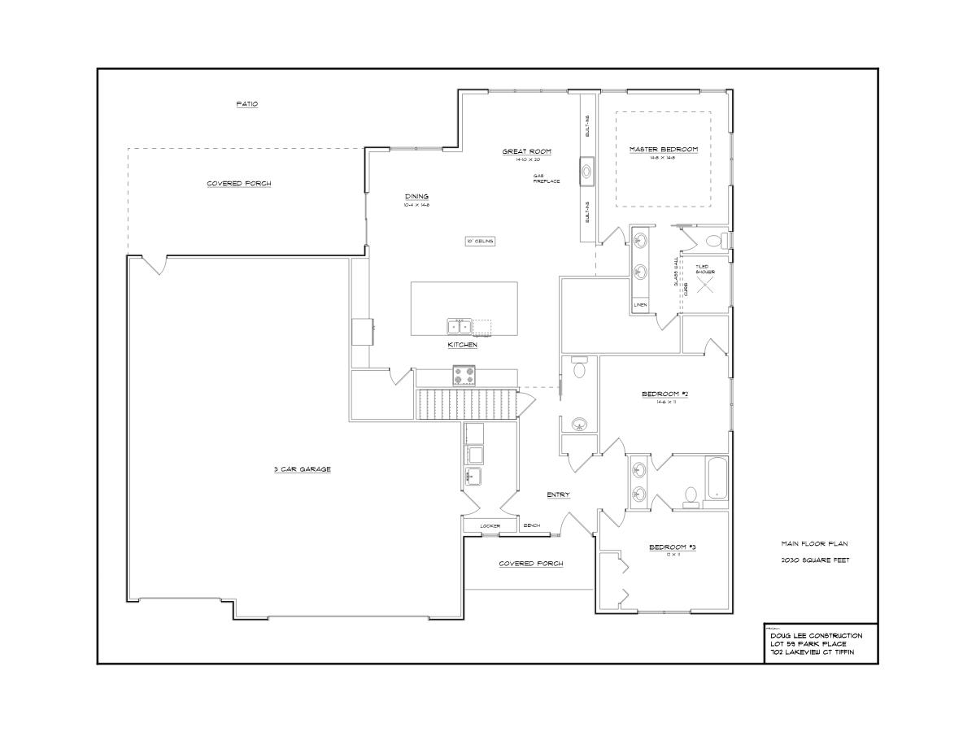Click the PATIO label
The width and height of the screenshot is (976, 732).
pyautogui.click(x=246, y=104)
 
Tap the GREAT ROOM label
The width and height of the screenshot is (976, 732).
pyautogui.click(x=526, y=151)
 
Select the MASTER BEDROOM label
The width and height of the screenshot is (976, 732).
pyautogui.click(x=663, y=150)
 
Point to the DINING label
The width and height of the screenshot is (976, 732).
pyautogui.click(x=416, y=196)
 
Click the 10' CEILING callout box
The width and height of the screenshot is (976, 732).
pyautogui.click(x=479, y=241)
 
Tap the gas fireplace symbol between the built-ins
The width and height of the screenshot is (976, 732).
pyautogui.click(x=587, y=171)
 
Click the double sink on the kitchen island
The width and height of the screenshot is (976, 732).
pyautogui.click(x=459, y=327)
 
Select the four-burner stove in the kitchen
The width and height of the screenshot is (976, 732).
pyautogui.click(x=464, y=376)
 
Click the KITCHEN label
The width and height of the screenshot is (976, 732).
pyautogui.click(x=462, y=345)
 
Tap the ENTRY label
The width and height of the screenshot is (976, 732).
pyautogui.click(x=558, y=495)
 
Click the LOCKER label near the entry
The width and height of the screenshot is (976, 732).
pyautogui.click(x=489, y=526)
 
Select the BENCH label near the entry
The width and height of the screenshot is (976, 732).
pyautogui.click(x=532, y=525)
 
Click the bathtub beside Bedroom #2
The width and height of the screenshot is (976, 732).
pyautogui.click(x=717, y=479)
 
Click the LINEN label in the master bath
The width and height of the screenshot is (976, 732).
pyautogui.click(x=641, y=305)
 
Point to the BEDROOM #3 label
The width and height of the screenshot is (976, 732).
pyautogui.click(x=672, y=547)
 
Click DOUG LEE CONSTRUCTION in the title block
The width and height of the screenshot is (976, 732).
pyautogui.click(x=810, y=635)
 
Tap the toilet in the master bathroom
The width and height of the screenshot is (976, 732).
pyautogui.click(x=715, y=240)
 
